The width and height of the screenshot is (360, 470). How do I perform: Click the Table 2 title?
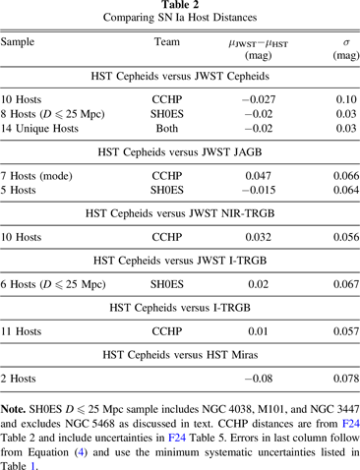(x=180, y=7)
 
